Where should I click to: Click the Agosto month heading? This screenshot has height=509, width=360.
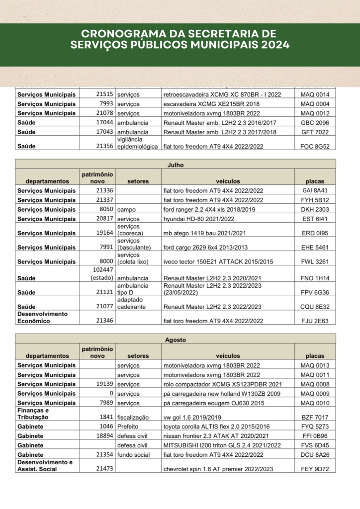pos(176,339)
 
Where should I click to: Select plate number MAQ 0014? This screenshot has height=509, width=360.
pos(315,94)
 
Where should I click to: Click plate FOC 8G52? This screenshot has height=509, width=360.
pos(315,147)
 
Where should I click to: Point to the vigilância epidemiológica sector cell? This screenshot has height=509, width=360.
pos(137,143)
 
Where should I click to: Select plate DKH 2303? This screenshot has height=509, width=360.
pos(315,210)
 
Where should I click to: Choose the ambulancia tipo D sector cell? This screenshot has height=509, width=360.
pos(133,289)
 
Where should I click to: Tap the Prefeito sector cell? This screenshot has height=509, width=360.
pos(129,426)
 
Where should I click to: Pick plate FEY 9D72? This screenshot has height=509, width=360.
pos(315,469)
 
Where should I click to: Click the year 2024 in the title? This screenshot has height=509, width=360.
pos(273,45)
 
